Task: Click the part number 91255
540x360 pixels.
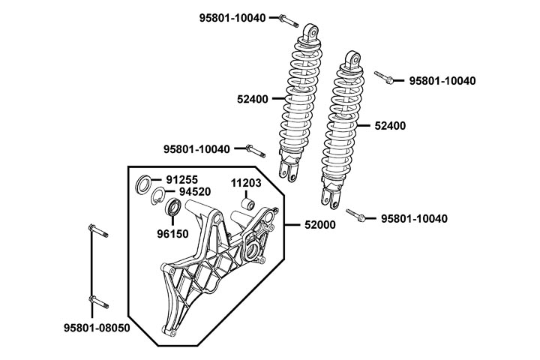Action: coord(181,180)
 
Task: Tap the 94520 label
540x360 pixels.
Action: coord(194,191)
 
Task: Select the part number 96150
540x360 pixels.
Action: coord(172,233)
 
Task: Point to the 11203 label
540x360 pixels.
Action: coord(245,182)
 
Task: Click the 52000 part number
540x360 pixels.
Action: coord(319,224)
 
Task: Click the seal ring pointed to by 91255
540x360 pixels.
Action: coord(143,184)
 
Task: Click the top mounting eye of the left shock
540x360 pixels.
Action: coord(310,31)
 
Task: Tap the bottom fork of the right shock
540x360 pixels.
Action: coord(331,196)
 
